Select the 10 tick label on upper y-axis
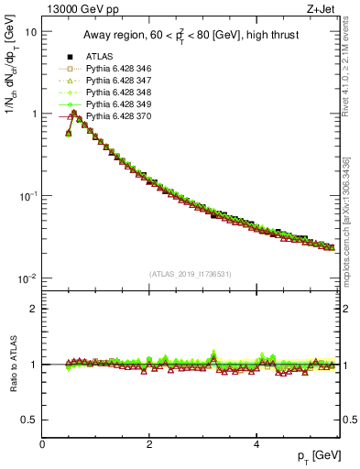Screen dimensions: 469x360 pyautogui.click(x=30, y=31)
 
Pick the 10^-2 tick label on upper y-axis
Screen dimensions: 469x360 pyautogui.click(x=27, y=278)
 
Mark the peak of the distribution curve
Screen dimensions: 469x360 pyautogui.click(x=73, y=113)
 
